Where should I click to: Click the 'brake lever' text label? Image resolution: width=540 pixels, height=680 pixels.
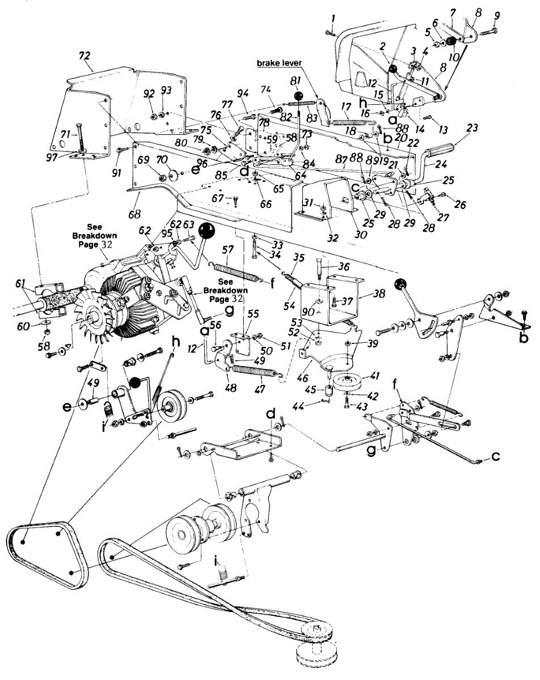pyautogui.click(x=281, y=63)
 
